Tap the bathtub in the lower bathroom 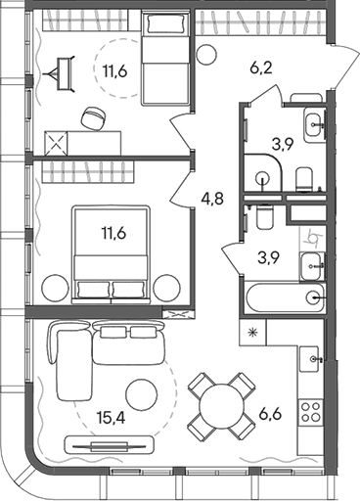pyautogui.click(x=284, y=298)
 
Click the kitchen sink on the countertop pyautogui.click(x=314, y=359)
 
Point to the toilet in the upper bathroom pyautogui.click(x=304, y=175)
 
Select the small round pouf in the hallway pyautogui.click(x=205, y=55)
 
